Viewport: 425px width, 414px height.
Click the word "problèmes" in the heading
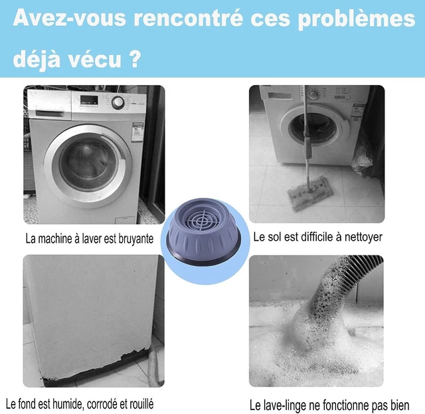click(x=357, y=19)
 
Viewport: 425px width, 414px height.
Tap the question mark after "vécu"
click(x=134, y=58)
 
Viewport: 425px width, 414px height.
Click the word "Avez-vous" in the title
click(x=69, y=18)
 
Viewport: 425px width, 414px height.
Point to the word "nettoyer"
click(x=363, y=238)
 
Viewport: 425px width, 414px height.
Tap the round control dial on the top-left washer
click(x=118, y=102)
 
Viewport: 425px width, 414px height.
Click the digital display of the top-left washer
click(x=89, y=100)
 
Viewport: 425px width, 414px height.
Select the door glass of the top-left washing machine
click(x=88, y=167)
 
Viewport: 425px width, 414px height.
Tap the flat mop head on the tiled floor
click(x=309, y=193)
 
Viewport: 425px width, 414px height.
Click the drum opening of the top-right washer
click(x=312, y=129)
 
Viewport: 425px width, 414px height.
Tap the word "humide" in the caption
click(x=68, y=404)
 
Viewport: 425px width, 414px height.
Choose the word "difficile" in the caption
click(x=313, y=238)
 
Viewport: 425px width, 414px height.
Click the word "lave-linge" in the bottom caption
click(x=284, y=405)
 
